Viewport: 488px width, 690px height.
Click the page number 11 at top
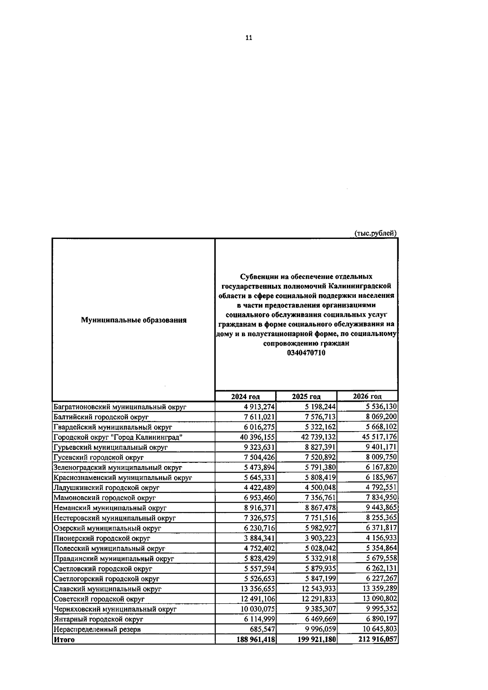tap(249, 38)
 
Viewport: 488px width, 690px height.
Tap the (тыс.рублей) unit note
tap(375, 233)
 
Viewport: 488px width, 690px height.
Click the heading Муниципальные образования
tap(134, 320)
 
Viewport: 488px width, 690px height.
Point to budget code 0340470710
tap(306, 353)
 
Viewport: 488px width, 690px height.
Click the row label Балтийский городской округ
tap(101, 417)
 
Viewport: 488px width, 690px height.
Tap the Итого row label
tap(64, 640)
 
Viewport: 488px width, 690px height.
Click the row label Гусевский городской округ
tap(99, 458)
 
